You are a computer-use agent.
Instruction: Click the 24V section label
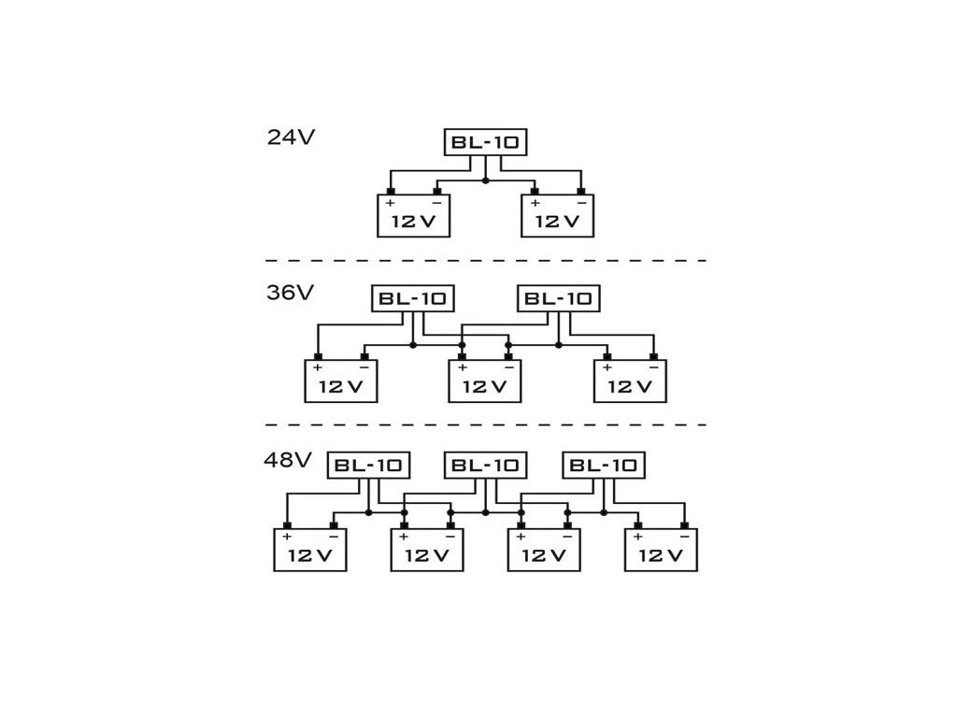pyautogui.click(x=291, y=136)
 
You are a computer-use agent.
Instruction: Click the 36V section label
pyautogui.click(x=291, y=293)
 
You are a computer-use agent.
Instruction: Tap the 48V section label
pyautogui.click(x=288, y=460)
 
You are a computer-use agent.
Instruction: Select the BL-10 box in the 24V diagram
pyautogui.click(x=485, y=142)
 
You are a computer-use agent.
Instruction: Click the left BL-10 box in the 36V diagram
pyautogui.click(x=413, y=298)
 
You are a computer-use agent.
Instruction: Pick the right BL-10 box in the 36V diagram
pyautogui.click(x=558, y=298)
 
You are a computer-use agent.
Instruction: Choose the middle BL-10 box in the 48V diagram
pyautogui.click(x=485, y=465)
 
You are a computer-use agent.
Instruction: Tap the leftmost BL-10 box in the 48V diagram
pyautogui.click(x=368, y=465)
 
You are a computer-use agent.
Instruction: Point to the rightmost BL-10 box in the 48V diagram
pyautogui.click(x=604, y=465)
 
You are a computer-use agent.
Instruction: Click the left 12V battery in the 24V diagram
pyautogui.click(x=413, y=216)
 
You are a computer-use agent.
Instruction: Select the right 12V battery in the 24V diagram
pyautogui.click(x=557, y=216)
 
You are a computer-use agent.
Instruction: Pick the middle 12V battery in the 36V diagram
pyautogui.click(x=485, y=381)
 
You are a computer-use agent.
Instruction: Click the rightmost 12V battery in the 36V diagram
pyautogui.click(x=630, y=381)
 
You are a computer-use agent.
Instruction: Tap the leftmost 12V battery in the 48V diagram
pyautogui.click(x=309, y=550)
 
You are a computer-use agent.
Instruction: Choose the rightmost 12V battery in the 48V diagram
pyautogui.click(x=661, y=550)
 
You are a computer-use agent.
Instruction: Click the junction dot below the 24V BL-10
pyautogui.click(x=485, y=179)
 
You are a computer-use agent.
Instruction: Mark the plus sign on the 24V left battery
pyautogui.click(x=391, y=203)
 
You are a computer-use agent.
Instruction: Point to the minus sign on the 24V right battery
pyautogui.click(x=581, y=203)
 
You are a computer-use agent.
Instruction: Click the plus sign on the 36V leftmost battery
pyautogui.click(x=318, y=368)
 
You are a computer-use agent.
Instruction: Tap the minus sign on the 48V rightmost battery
pyautogui.click(x=684, y=537)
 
